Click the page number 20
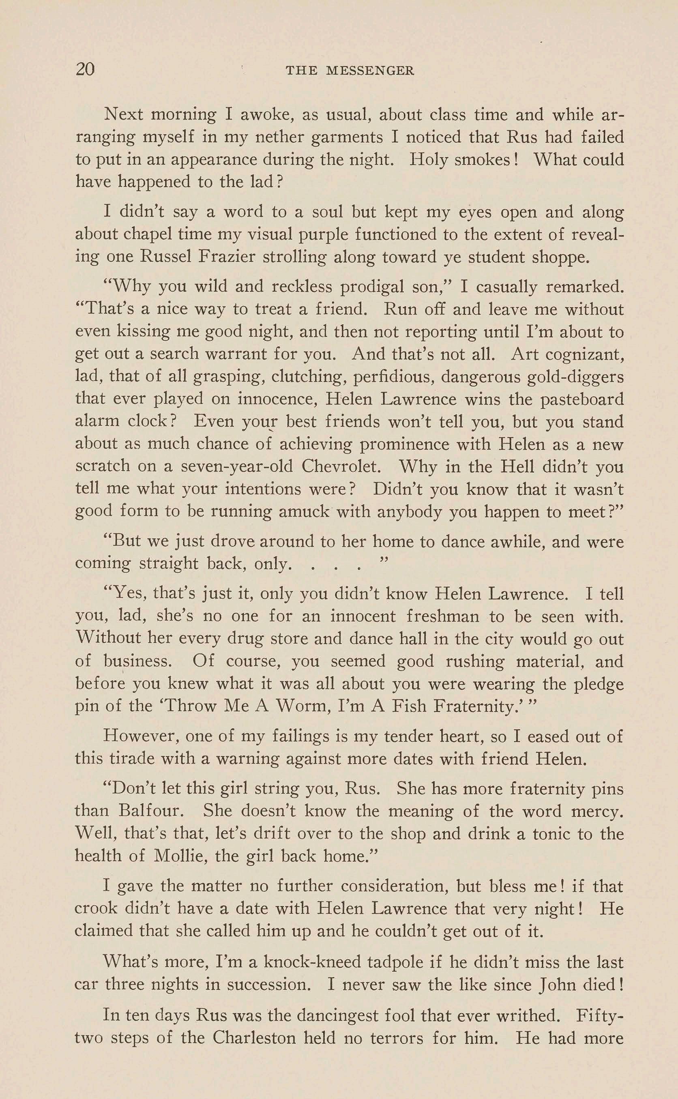coord(85,69)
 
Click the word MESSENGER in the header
coord(370,71)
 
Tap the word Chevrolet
coord(341,466)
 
